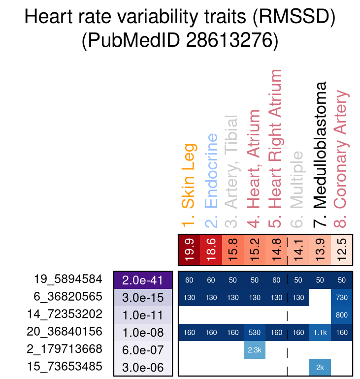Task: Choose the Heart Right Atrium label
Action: (x=277, y=147)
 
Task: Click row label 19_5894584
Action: (x=68, y=280)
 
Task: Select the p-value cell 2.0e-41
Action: (x=142, y=280)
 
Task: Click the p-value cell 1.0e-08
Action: (x=142, y=332)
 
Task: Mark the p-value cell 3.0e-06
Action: (x=142, y=367)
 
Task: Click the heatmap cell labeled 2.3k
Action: (x=255, y=349)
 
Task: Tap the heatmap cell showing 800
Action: (x=342, y=315)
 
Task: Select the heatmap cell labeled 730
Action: (x=342, y=297)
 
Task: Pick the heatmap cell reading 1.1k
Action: (x=320, y=332)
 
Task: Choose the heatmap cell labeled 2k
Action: (x=320, y=367)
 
